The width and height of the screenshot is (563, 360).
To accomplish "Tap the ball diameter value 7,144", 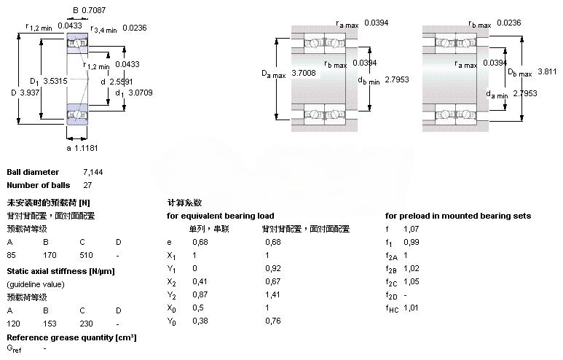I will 92,172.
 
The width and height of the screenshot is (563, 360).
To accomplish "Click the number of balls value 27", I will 87,185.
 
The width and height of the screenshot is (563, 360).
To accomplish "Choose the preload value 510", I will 86,256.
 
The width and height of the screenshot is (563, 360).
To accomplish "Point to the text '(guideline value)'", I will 36,283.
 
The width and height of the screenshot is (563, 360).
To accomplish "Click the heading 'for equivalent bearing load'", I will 221,216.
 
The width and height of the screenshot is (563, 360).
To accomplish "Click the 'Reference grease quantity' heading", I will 71,337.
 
